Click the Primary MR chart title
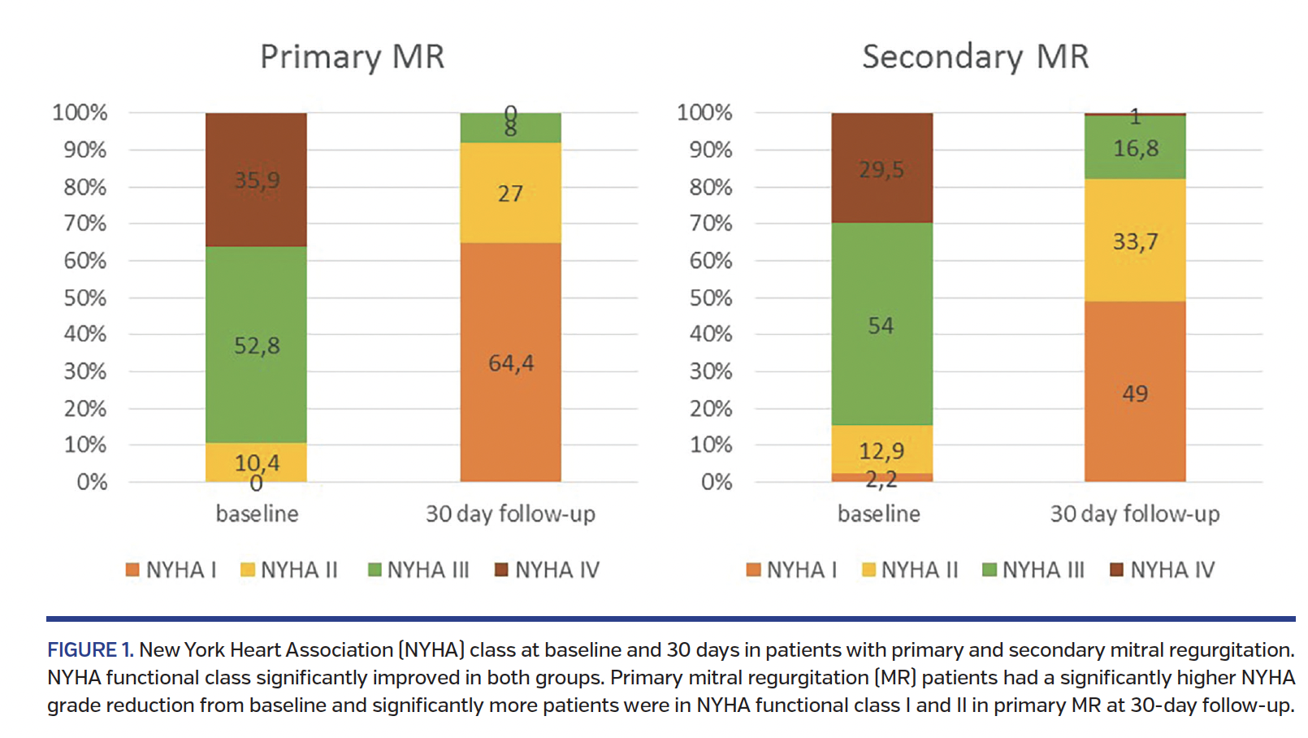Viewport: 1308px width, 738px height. click(x=352, y=58)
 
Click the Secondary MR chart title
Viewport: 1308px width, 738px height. click(x=974, y=58)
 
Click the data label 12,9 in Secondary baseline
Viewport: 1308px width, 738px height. click(x=881, y=450)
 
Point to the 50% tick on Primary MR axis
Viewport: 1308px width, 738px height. click(x=85, y=297)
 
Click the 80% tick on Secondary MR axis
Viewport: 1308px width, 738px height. click(x=710, y=187)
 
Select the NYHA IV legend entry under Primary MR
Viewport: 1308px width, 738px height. click(x=548, y=570)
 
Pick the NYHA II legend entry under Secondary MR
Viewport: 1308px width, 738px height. click(x=910, y=570)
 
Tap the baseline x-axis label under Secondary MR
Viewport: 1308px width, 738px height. click(x=878, y=514)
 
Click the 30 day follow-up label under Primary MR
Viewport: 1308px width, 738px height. click(x=510, y=514)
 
